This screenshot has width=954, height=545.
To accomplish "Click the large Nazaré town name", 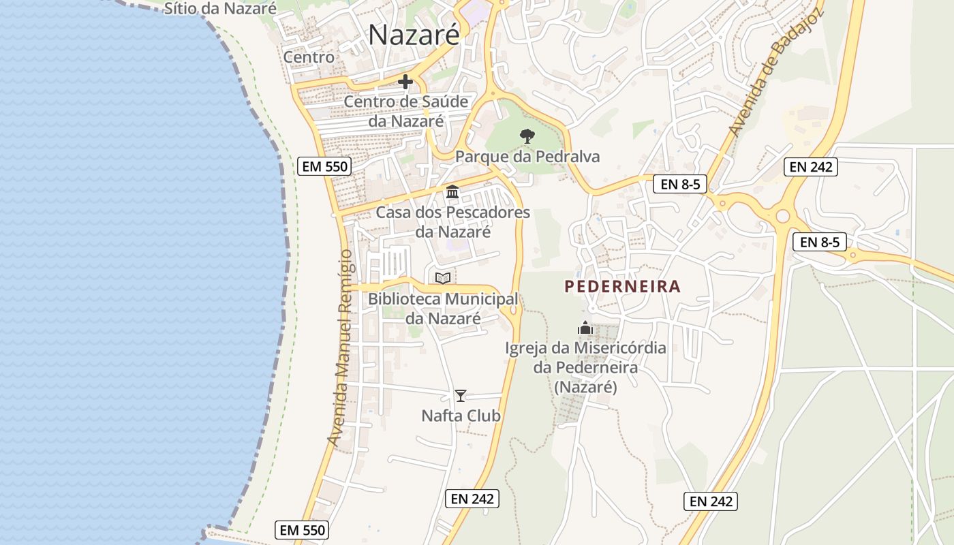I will tap(414, 35).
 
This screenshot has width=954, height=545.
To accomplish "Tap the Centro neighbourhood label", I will tap(309, 57).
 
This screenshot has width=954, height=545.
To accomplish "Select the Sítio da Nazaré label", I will tap(220, 9).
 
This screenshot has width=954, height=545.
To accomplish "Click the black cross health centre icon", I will tap(405, 82).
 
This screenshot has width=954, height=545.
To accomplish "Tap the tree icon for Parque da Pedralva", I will tap(527, 136).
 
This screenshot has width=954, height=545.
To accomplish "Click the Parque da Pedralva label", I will tap(527, 157).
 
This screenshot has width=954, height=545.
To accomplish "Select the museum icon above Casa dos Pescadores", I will tap(452, 192).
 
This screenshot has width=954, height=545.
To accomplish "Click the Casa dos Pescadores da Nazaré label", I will tap(453, 222).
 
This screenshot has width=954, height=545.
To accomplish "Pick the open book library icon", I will tap(443, 278).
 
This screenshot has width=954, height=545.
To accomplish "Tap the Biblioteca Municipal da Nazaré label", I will tap(443, 309).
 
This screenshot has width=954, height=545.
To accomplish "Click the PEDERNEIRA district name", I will tap(623, 287).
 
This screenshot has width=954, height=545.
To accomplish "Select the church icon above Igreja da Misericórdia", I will tap(585, 328).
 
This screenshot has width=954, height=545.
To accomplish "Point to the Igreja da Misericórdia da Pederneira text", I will tap(585, 368).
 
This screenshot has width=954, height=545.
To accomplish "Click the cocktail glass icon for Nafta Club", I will tap(461, 395).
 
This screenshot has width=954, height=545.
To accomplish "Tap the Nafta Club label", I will tap(461, 416).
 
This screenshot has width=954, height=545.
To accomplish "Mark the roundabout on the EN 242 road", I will tap(782, 217).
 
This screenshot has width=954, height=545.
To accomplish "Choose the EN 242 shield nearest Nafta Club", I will tap(473, 499).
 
